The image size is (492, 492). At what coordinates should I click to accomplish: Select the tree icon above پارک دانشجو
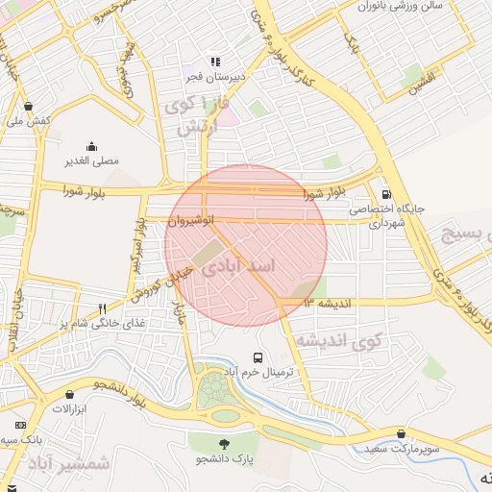(x=224, y=444)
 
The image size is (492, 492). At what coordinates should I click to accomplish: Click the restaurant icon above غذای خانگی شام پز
(x=102, y=308)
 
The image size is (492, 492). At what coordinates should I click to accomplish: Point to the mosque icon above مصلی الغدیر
(x=91, y=146)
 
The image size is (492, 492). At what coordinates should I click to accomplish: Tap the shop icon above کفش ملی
(x=28, y=106)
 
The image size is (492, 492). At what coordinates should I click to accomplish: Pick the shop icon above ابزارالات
(x=69, y=394)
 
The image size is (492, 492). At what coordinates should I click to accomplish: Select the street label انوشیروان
(x=186, y=220)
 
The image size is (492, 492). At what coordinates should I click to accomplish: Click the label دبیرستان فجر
(x=216, y=75)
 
